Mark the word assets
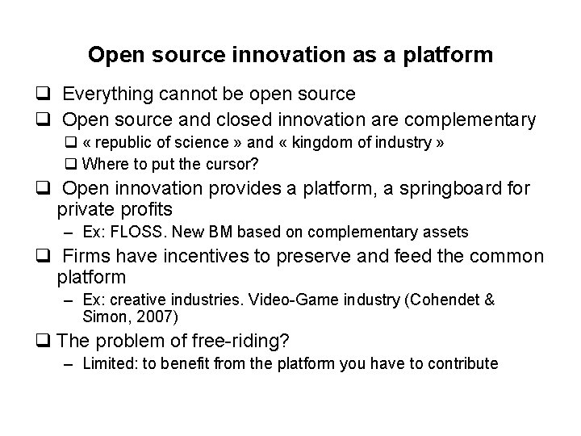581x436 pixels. click(445, 233)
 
